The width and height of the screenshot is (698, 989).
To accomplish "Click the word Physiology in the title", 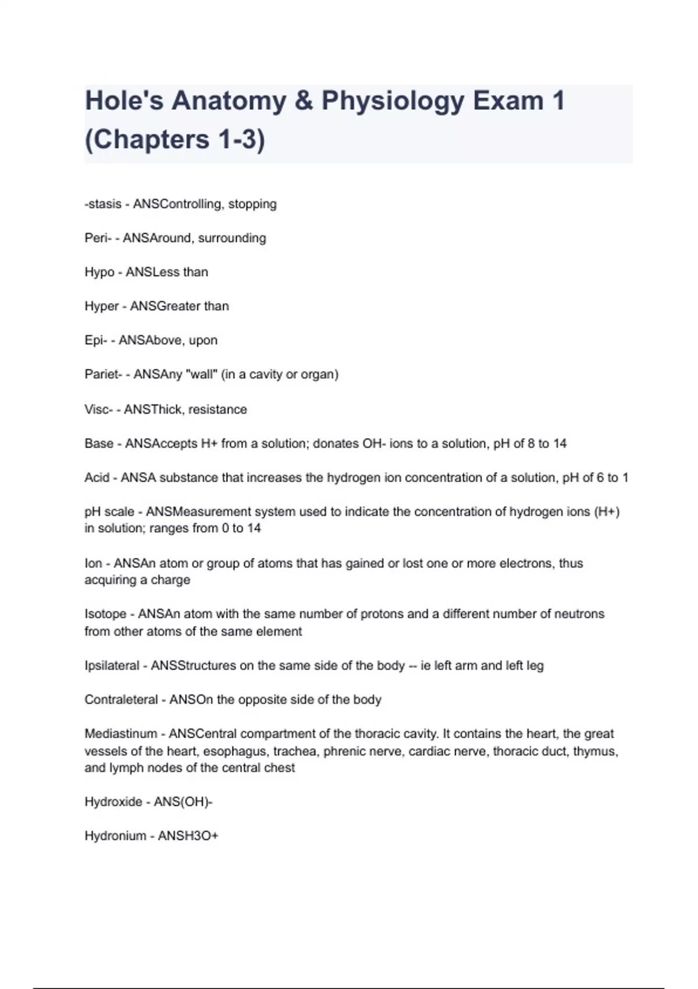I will click(393, 101).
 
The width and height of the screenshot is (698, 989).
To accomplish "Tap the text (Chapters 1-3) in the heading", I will click(174, 140).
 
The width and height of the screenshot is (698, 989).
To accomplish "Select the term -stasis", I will click(103, 204).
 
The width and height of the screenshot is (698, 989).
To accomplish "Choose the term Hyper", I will click(101, 306).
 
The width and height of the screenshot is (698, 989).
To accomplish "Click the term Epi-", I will click(95, 340).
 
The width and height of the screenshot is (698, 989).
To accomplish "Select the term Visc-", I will click(97, 410).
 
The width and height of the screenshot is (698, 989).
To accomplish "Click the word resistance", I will click(218, 410).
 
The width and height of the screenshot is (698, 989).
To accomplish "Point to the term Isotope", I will click(105, 614).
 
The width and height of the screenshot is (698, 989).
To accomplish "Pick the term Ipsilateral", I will click(112, 666).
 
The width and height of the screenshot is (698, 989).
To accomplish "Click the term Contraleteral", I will click(121, 699).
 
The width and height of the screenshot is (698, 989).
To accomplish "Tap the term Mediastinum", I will click(121, 734).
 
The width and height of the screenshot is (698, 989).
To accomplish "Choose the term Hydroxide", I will click(113, 802).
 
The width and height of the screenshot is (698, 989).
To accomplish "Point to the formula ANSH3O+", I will click(188, 836).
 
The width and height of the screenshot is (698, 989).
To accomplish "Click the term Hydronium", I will click(115, 836).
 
